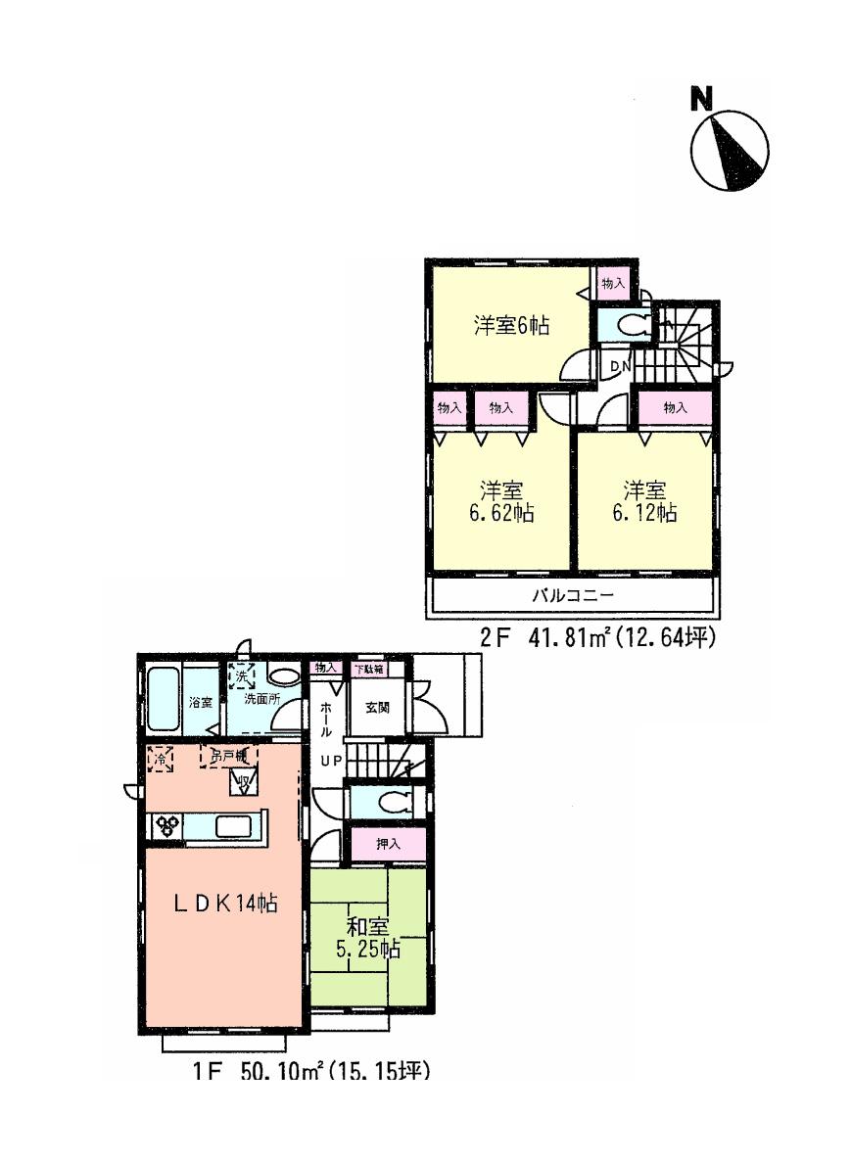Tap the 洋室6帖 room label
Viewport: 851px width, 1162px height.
click(511, 326)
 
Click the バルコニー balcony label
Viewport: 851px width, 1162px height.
click(573, 595)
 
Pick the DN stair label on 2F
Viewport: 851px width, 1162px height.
click(620, 366)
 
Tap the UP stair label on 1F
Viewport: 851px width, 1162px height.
click(327, 761)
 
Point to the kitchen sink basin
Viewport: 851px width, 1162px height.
click(235, 826)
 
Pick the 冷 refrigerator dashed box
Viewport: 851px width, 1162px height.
click(158, 757)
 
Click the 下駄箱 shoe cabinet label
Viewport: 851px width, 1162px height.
click(369, 669)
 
